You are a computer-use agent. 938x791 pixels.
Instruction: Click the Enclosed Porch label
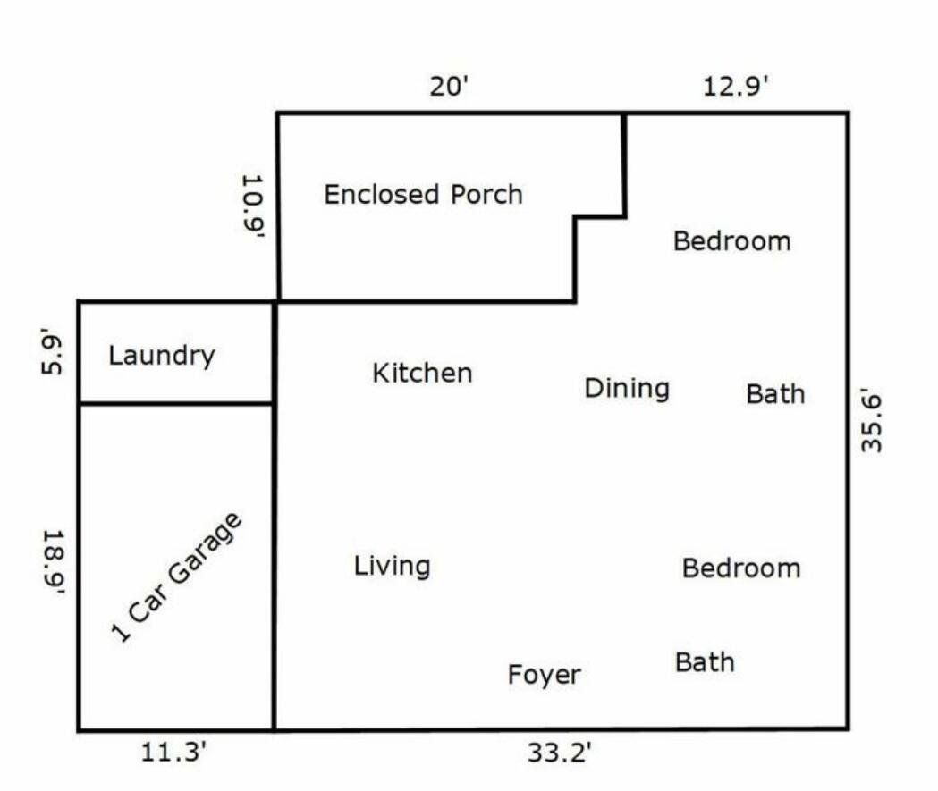[424, 194]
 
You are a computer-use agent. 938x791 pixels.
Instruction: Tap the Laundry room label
[162, 356]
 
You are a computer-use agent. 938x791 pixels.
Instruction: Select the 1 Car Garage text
[177, 577]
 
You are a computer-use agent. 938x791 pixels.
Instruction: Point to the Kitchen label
[422, 373]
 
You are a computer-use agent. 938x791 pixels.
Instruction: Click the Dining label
[627, 389]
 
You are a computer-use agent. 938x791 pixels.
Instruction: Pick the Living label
[392, 566]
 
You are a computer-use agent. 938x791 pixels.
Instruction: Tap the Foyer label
[545, 675]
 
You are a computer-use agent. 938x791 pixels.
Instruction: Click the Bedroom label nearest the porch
[732, 241]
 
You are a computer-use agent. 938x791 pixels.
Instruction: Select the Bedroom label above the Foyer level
[741, 568]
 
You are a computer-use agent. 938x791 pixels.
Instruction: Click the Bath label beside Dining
[776, 394]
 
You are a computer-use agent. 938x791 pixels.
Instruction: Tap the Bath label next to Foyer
[705, 662]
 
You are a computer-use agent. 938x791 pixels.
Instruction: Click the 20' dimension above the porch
[449, 86]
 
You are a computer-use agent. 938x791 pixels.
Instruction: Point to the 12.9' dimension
[735, 86]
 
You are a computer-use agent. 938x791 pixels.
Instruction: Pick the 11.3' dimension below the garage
[173, 752]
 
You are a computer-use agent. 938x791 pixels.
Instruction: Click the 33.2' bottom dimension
[560, 753]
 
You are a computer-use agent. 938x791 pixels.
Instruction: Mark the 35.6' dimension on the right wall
[872, 423]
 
